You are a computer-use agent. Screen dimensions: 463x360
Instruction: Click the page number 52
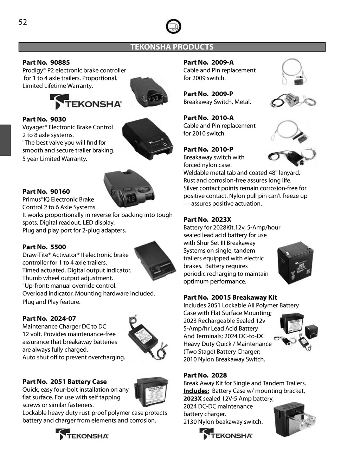pyautogui.click(x=23, y=22)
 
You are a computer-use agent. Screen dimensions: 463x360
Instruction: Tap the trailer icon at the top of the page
pyautogui.click(x=173, y=27)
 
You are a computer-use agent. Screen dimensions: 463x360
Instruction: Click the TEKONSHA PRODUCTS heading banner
pyautogui.click(x=172, y=47)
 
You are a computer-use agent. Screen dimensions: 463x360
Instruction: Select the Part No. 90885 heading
pyautogui.click(x=46, y=63)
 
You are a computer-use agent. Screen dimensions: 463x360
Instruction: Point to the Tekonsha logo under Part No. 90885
pyautogui.click(x=86, y=102)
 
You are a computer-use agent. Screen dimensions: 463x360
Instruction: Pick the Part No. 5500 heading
pyautogui.click(x=44, y=247)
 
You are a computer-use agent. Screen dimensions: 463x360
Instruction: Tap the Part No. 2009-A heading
pyautogui.click(x=208, y=63)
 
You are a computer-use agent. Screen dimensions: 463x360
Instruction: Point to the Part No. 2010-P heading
pyautogui.click(x=208, y=149)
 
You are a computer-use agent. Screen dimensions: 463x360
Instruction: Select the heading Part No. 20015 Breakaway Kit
pyautogui.click(x=230, y=298)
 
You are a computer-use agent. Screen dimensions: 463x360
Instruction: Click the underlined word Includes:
pyautogui.click(x=196, y=391)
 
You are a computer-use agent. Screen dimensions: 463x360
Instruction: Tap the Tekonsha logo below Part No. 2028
pyautogui.click(x=226, y=435)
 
